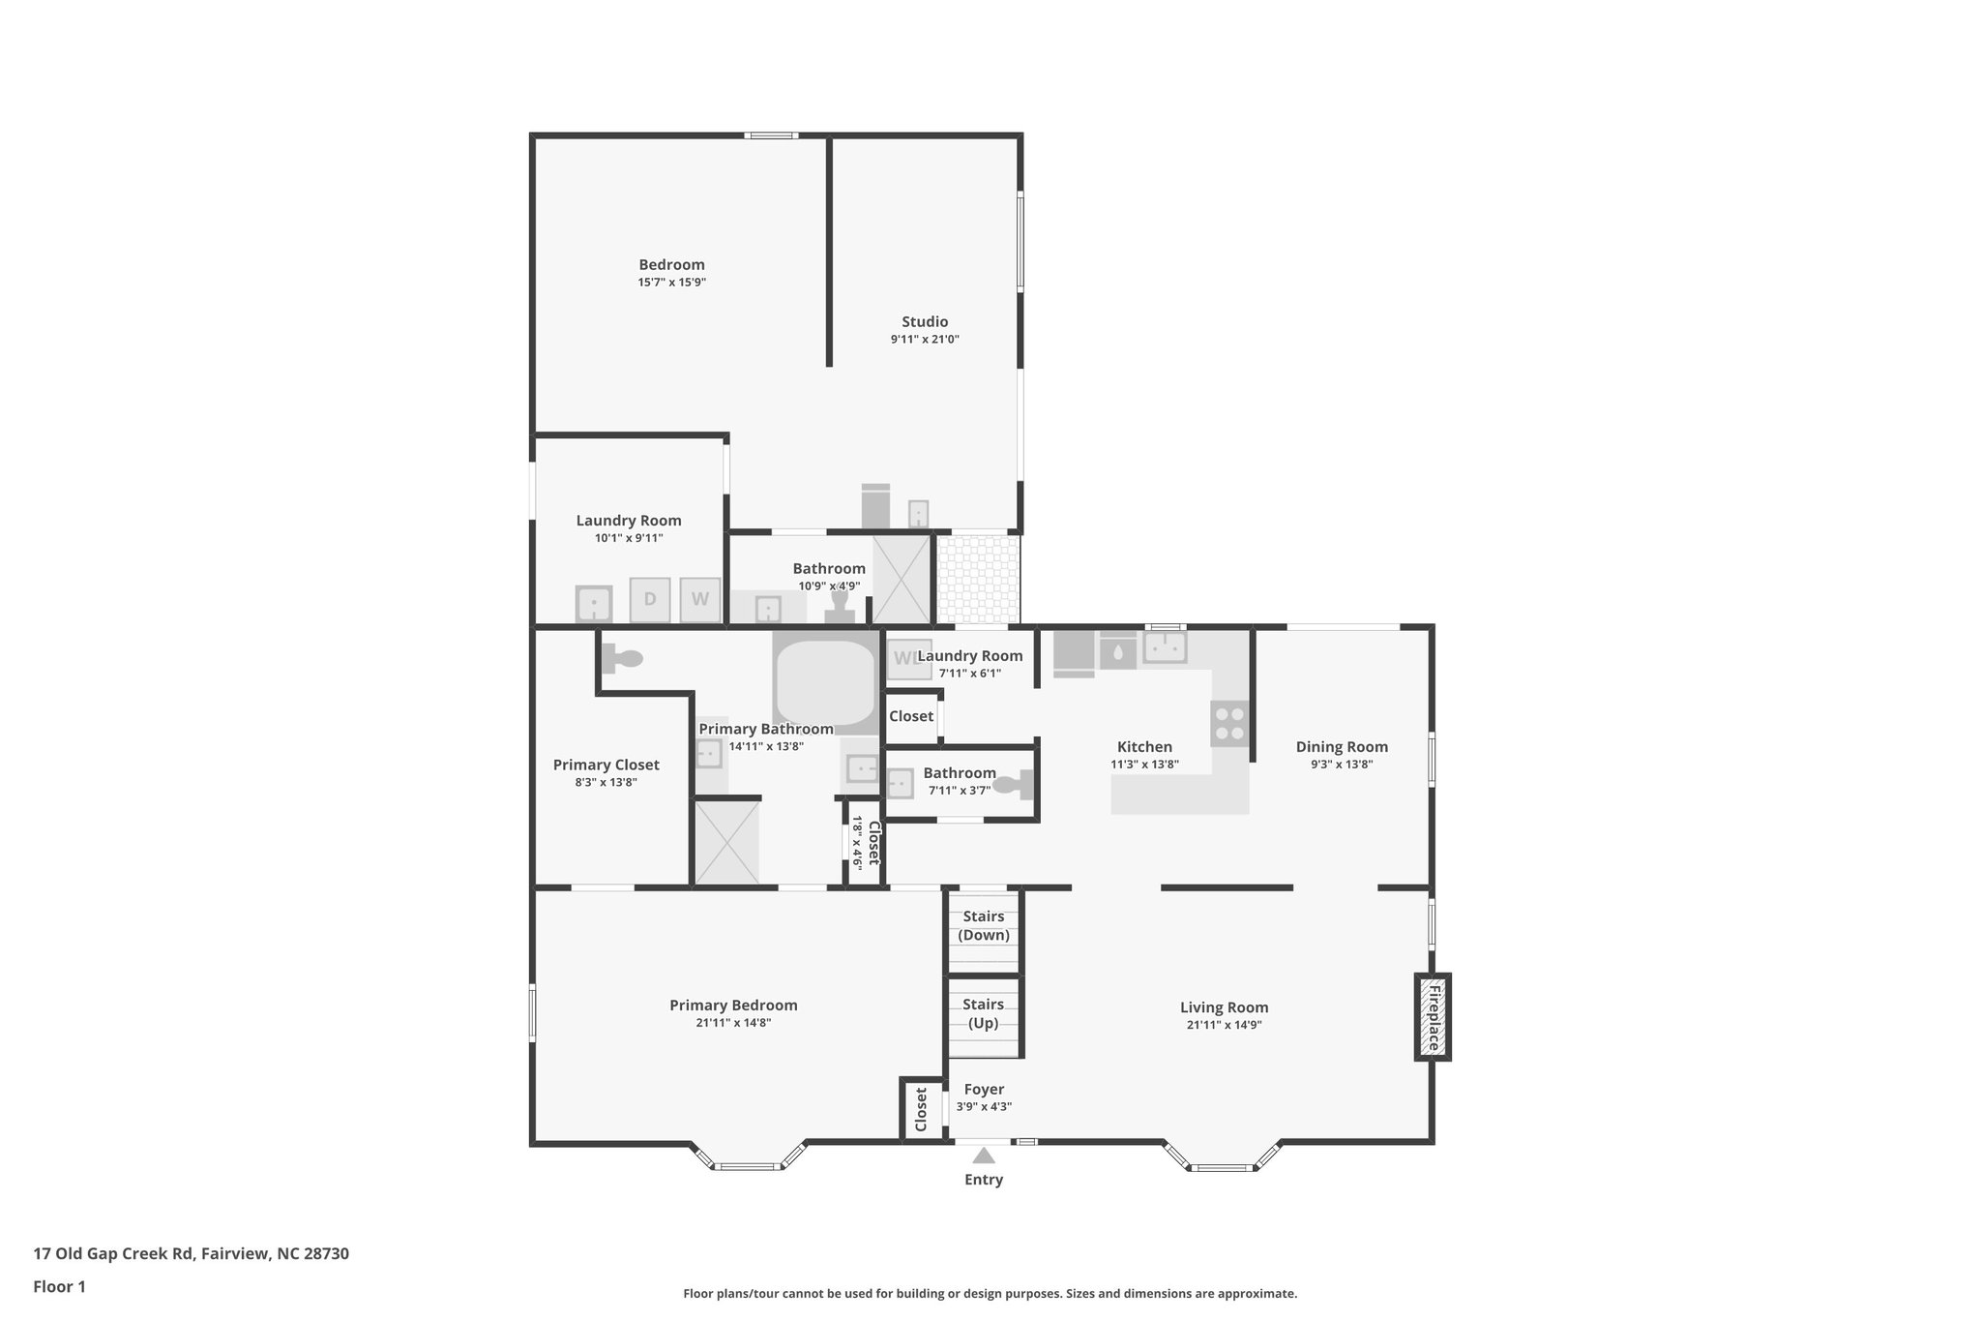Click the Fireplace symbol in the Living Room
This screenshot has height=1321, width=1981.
click(x=1433, y=1016)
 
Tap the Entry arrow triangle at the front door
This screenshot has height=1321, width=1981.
click(x=984, y=1156)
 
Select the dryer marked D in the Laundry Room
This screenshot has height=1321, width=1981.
click(x=650, y=599)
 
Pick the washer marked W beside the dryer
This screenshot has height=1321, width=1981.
click(x=700, y=599)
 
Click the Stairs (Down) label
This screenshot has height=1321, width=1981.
click(x=984, y=925)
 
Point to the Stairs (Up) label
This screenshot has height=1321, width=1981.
click(x=984, y=1013)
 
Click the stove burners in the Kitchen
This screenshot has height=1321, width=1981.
click(x=1229, y=723)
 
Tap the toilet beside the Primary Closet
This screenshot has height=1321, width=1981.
click(x=622, y=659)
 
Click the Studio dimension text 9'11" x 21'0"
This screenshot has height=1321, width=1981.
click(x=925, y=340)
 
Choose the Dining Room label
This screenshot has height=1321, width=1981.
click(x=1342, y=747)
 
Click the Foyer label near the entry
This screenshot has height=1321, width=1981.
click(x=984, y=1090)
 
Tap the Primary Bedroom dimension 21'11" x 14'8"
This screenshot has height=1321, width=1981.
click(x=733, y=1023)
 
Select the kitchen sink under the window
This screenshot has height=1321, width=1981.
click(x=1166, y=647)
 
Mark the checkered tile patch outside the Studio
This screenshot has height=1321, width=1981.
click(x=979, y=580)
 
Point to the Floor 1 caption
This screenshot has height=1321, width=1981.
click(x=60, y=1287)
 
